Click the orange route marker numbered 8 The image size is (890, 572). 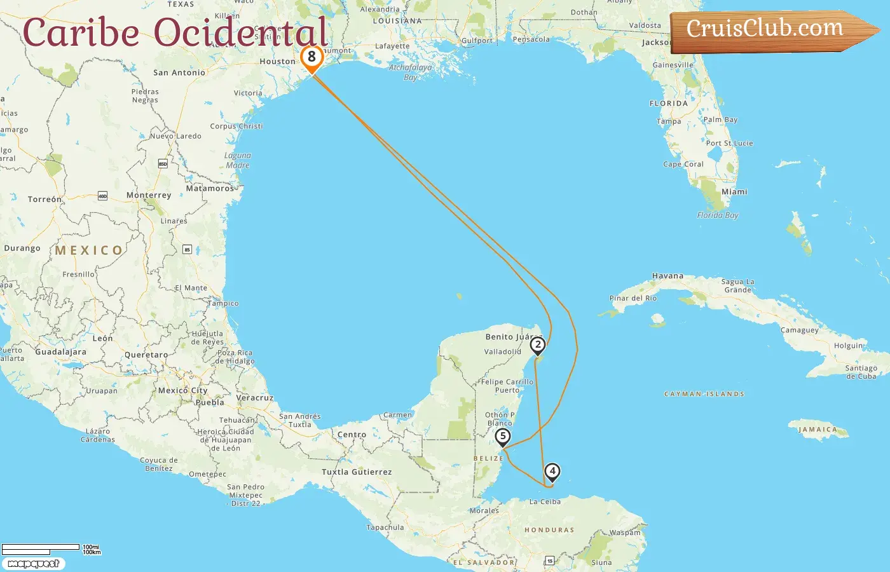pyautogui.click(x=311, y=57)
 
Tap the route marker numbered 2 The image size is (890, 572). pyautogui.click(x=538, y=345)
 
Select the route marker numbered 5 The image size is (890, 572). pyautogui.click(x=503, y=437)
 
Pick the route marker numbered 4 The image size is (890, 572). pyautogui.click(x=552, y=472)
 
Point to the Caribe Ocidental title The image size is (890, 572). pyautogui.click(x=175, y=32)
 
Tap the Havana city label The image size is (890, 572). pyautogui.click(x=667, y=276)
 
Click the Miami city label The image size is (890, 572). pyautogui.click(x=734, y=191)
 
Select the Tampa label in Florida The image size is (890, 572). pyautogui.click(x=669, y=121)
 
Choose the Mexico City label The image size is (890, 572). pyautogui.click(x=182, y=390)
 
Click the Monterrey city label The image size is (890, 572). pyautogui.click(x=149, y=195)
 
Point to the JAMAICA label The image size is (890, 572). pyautogui.click(x=818, y=430)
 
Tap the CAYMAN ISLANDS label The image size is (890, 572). pyautogui.click(x=704, y=394)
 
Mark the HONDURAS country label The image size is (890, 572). pyautogui.click(x=549, y=529)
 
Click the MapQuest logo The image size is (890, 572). pyautogui.click(x=33, y=564)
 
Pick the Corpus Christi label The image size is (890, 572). pyautogui.click(x=236, y=126)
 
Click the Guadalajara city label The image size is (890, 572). pyautogui.click(x=60, y=351)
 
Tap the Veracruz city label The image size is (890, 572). pyautogui.click(x=254, y=398)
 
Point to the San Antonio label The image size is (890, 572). pyautogui.click(x=179, y=72)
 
